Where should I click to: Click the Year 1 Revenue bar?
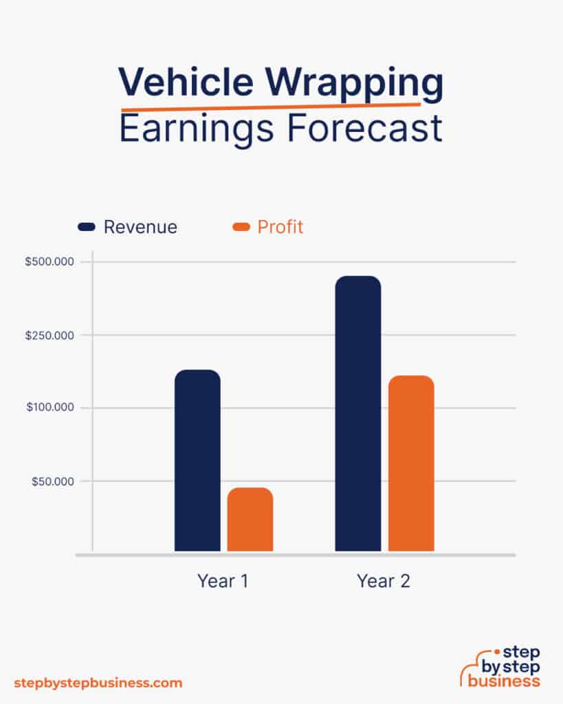(x=197, y=460)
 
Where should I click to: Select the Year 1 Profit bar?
(x=250, y=519)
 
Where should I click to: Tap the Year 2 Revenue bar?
(x=357, y=413)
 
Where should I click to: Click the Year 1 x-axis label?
(x=223, y=581)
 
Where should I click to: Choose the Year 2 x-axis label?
(x=384, y=581)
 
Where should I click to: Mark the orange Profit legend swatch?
(x=241, y=227)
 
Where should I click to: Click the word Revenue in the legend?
(x=140, y=227)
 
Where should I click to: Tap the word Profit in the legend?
(x=280, y=227)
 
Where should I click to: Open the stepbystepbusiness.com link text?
(x=98, y=683)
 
